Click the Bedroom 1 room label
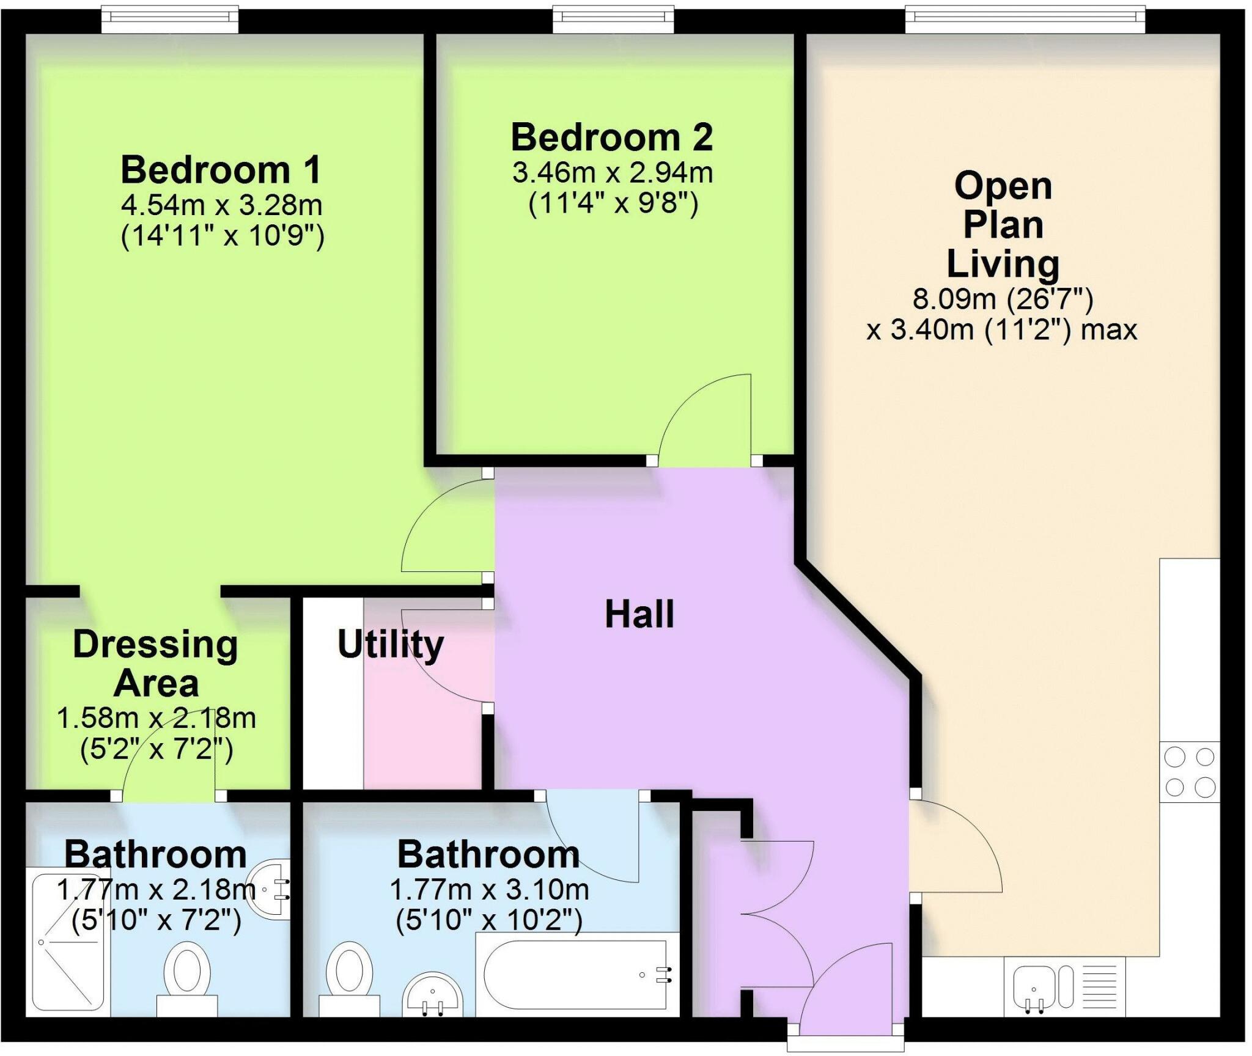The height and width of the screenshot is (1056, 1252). point(221,170)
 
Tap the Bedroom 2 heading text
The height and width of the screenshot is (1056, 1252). point(612,137)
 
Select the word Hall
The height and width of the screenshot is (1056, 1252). point(639,614)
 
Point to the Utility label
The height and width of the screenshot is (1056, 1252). point(391,645)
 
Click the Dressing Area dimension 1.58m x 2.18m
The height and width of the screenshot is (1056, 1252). point(156,718)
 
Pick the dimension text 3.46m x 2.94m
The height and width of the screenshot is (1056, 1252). point(613,173)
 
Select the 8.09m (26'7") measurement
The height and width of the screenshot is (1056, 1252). point(1003,299)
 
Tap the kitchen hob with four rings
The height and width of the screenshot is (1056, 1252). point(1190,772)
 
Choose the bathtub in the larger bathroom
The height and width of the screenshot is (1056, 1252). point(575,975)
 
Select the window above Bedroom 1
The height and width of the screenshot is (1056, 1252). point(170,20)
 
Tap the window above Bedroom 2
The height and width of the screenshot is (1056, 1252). point(613,20)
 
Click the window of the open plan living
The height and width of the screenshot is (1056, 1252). point(1025,20)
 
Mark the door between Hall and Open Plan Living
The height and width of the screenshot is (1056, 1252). point(954,846)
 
